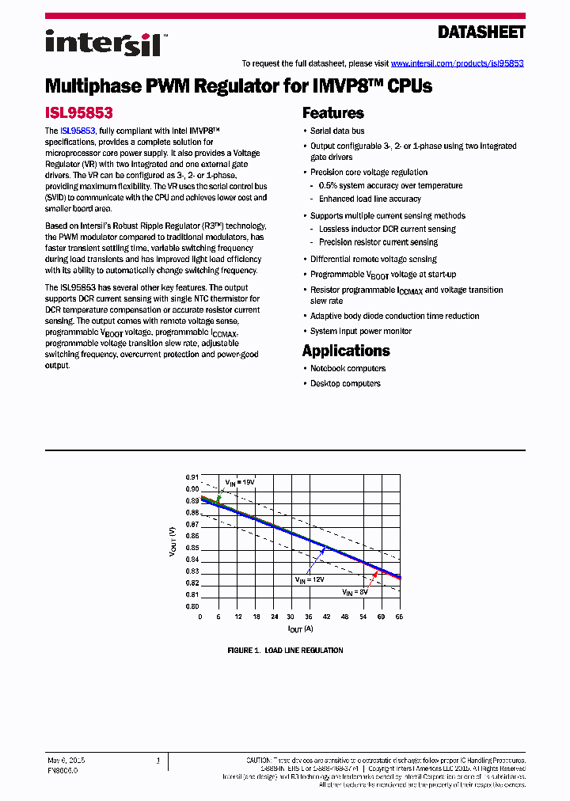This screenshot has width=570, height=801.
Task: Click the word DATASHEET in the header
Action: (481, 32)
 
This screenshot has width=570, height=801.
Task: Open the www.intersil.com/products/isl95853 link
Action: (457, 63)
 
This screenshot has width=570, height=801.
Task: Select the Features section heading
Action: (332, 113)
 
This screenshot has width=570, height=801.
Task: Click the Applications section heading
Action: (346, 351)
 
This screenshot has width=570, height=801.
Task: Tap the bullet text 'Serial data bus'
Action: (337, 131)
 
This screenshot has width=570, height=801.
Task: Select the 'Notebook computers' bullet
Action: (348, 369)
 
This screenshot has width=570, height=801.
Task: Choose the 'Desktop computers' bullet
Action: (345, 384)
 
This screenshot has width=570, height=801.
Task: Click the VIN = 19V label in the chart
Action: (239, 482)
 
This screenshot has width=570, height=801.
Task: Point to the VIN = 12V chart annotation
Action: (311, 579)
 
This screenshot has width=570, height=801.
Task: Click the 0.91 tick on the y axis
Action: (192, 477)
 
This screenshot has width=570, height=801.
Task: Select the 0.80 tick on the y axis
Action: (192, 606)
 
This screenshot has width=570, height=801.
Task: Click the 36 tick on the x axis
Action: (308, 617)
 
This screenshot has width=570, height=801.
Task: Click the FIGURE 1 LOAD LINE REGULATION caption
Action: (285, 651)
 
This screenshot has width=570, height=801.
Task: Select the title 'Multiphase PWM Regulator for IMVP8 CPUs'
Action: (238, 86)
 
